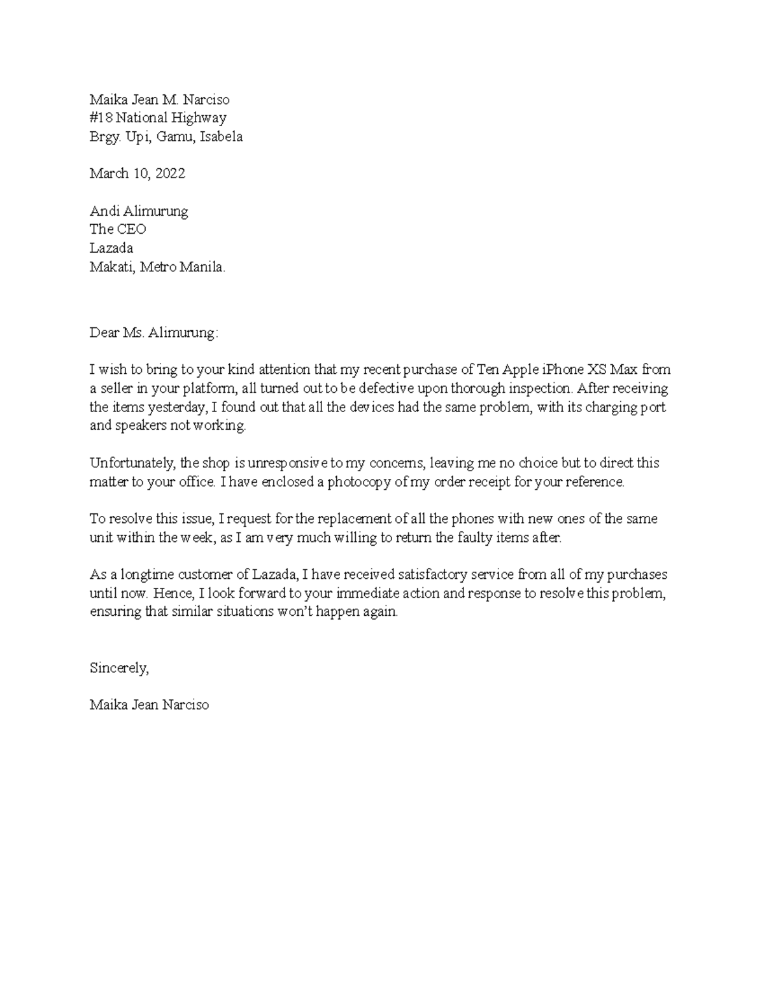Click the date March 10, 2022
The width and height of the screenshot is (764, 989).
pos(137,173)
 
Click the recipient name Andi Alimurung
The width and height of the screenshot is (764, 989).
pos(138,211)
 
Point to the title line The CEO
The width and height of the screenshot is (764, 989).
pos(118,229)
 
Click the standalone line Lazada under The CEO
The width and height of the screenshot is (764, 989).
pos(111,248)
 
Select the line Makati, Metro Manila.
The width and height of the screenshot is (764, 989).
pos(157,267)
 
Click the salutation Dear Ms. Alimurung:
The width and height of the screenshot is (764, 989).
pos(153,332)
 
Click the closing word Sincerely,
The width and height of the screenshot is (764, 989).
pos(119,668)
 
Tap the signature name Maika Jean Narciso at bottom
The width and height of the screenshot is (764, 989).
pos(149,705)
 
